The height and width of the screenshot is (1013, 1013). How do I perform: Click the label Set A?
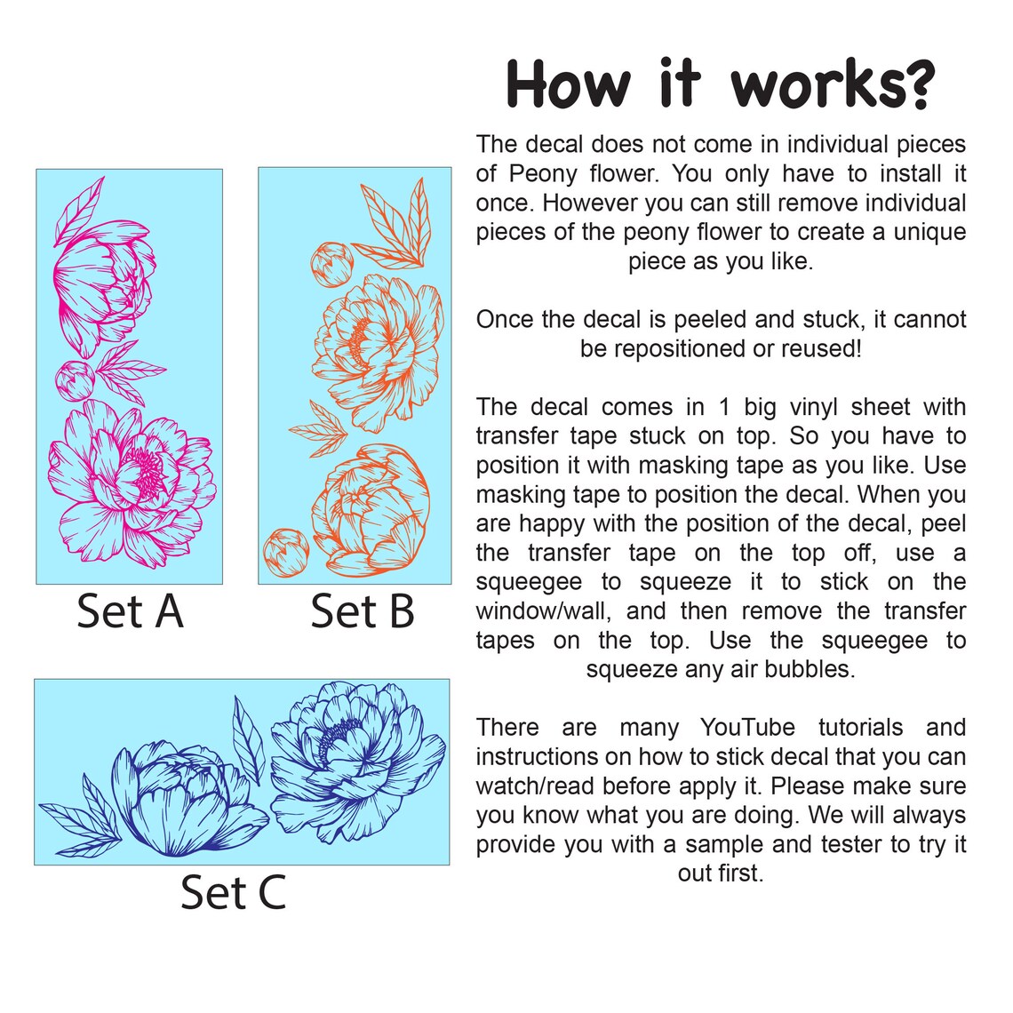pyautogui.click(x=130, y=611)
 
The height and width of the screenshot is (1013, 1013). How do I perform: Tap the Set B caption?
pyautogui.click(x=362, y=611)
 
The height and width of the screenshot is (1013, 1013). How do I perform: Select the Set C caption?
pyautogui.click(x=233, y=892)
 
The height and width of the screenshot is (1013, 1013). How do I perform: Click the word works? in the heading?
pyautogui.click(x=833, y=84)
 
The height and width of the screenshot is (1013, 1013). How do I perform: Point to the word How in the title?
pyautogui.click(x=568, y=84)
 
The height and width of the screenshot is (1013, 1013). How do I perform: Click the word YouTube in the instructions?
pyautogui.click(x=747, y=728)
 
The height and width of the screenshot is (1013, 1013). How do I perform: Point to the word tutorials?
pyautogui.click(x=860, y=728)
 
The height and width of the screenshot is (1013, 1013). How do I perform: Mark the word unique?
pyautogui.click(x=929, y=232)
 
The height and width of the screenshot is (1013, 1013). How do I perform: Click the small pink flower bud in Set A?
pyautogui.click(x=75, y=380)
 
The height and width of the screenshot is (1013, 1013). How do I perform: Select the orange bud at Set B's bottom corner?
pyautogui.click(x=286, y=552)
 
